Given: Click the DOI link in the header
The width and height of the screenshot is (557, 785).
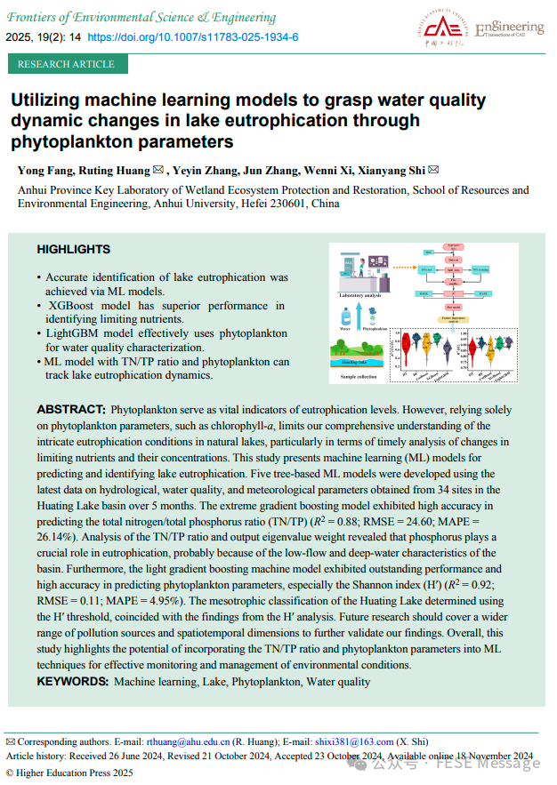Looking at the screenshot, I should pos(193,37).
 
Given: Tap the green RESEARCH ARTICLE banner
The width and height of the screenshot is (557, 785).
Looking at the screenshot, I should pos(66,64).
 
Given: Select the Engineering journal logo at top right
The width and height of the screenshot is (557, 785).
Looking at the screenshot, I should pos(509,29).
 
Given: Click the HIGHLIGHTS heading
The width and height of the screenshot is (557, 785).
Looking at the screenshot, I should pos(74,250).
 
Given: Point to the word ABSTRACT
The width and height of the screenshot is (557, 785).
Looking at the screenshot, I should pos(69,410).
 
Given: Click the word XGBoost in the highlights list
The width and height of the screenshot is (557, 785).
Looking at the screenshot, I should pos(74,305).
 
